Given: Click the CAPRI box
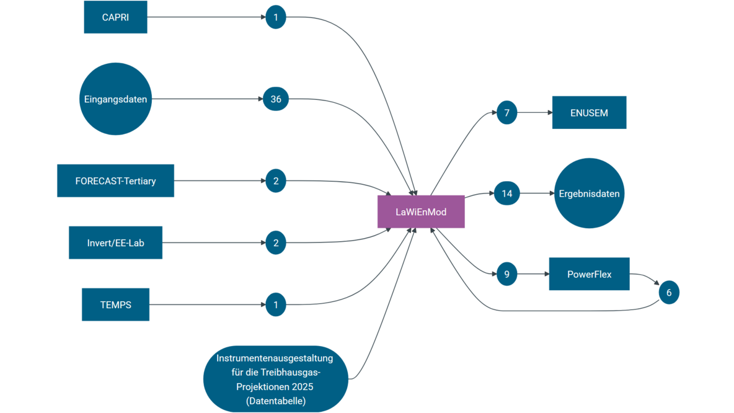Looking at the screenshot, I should (x=115, y=17).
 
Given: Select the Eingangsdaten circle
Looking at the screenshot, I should (x=116, y=99).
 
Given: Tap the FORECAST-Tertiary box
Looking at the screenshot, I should (x=115, y=181).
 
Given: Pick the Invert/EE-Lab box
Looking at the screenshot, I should (x=115, y=242).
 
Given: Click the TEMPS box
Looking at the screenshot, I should (x=115, y=304).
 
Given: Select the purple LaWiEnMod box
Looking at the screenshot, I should (x=421, y=211).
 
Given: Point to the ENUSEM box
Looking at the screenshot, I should (x=589, y=112).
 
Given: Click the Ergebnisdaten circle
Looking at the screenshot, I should (x=588, y=193).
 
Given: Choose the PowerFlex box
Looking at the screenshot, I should (x=589, y=273).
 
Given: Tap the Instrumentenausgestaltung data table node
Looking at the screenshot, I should (x=275, y=379).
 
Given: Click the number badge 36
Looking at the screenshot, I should (x=276, y=99).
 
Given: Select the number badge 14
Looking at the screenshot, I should (x=507, y=193).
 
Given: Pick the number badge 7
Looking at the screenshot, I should (x=506, y=113).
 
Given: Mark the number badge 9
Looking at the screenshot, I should (x=507, y=273).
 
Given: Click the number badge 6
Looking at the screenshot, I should (x=669, y=292).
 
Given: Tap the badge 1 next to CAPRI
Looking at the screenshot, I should (x=276, y=17).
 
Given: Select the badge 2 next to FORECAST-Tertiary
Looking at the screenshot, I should (x=276, y=181).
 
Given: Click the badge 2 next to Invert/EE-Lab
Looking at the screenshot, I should (x=276, y=242).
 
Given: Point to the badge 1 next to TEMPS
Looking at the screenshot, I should (x=276, y=304).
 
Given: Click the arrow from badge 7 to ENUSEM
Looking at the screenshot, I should (x=534, y=113).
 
